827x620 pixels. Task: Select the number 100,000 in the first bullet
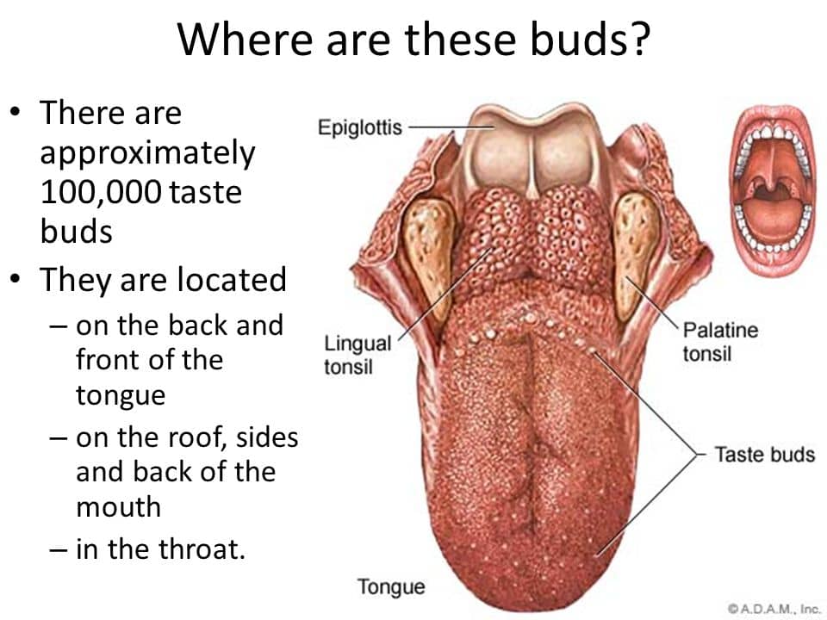(x=100, y=192)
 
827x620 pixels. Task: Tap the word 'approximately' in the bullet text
(x=147, y=154)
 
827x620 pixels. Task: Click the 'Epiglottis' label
(x=360, y=127)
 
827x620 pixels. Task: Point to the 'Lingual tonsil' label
(x=357, y=354)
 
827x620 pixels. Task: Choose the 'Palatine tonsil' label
(x=720, y=342)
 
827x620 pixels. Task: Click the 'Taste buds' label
(x=764, y=454)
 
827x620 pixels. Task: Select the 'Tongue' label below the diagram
(x=391, y=586)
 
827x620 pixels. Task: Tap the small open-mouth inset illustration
(x=772, y=189)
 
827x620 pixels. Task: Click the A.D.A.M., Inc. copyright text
(x=774, y=609)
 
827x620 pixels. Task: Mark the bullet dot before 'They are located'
(x=16, y=279)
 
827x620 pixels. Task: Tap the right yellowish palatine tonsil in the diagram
(x=637, y=254)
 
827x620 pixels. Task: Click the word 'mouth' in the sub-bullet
(x=119, y=506)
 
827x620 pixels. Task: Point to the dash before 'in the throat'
(x=59, y=550)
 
